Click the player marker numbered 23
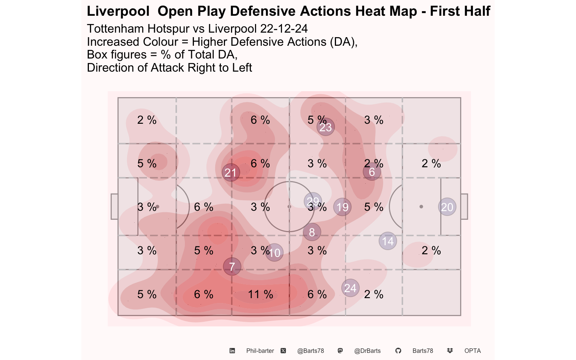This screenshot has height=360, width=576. pyautogui.click(x=325, y=127)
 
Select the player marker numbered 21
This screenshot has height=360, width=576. pyautogui.click(x=231, y=172)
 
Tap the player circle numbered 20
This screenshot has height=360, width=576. pyautogui.click(x=447, y=207)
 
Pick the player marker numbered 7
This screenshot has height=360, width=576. pyautogui.click(x=232, y=267)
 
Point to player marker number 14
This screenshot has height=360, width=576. pyautogui.click(x=388, y=241)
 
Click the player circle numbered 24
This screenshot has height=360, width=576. pyautogui.click(x=350, y=288)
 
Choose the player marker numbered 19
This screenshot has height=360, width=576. pyautogui.click(x=342, y=207)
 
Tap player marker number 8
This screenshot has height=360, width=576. pyautogui.click(x=312, y=232)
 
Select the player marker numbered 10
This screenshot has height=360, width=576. pyautogui.click(x=274, y=253)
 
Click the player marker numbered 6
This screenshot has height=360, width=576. pyautogui.click(x=372, y=172)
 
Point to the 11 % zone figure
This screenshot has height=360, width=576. pyautogui.click(x=260, y=294)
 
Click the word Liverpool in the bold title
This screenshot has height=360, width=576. pyautogui.click(x=118, y=11)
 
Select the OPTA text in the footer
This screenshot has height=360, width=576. pyautogui.click(x=472, y=351)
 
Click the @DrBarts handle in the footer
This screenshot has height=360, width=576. pyautogui.click(x=367, y=351)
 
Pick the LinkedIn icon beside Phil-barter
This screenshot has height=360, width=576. pyautogui.click(x=232, y=351)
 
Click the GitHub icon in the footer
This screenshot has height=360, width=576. pyautogui.click(x=398, y=351)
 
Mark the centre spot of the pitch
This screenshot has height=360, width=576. pyautogui.click(x=289, y=207)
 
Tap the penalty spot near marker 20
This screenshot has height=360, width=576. pyautogui.click(x=421, y=207)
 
